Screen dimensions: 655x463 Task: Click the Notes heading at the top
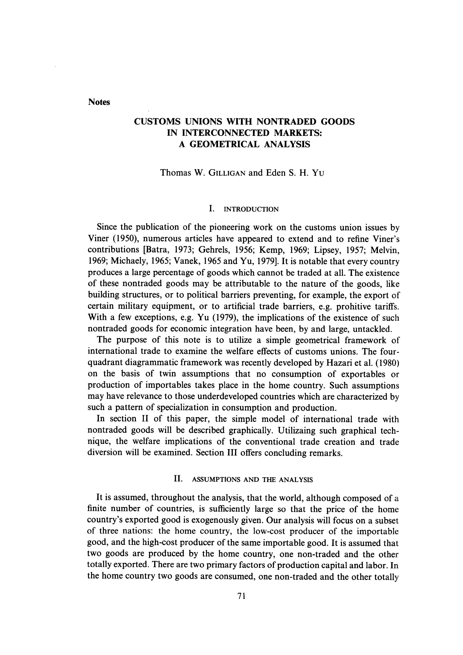pyautogui.click(x=99, y=102)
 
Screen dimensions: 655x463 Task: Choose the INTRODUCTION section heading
pyautogui.click(x=251, y=209)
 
